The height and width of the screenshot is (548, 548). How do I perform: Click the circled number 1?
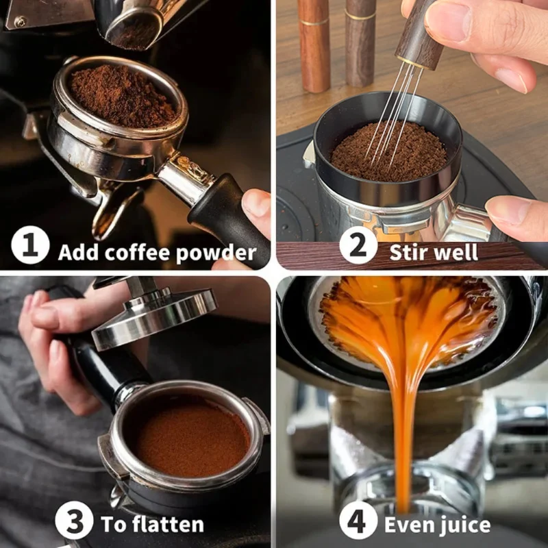pyautogui.click(x=30, y=247)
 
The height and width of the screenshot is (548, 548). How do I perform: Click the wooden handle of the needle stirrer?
pyautogui.click(x=420, y=34)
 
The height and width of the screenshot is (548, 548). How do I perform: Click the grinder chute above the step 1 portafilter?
pyautogui.click(x=130, y=24)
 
